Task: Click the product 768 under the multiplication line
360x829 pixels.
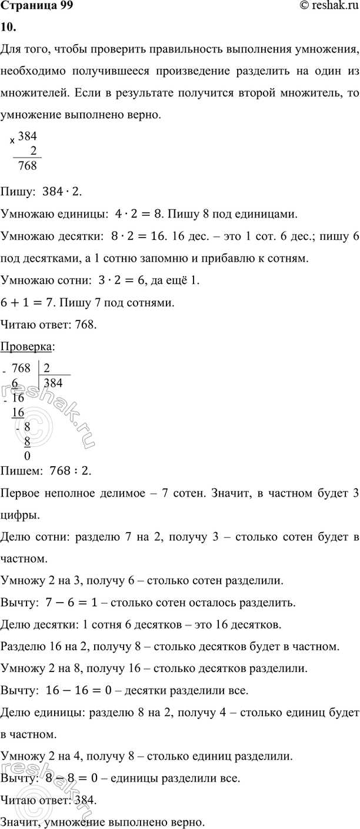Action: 27,165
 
